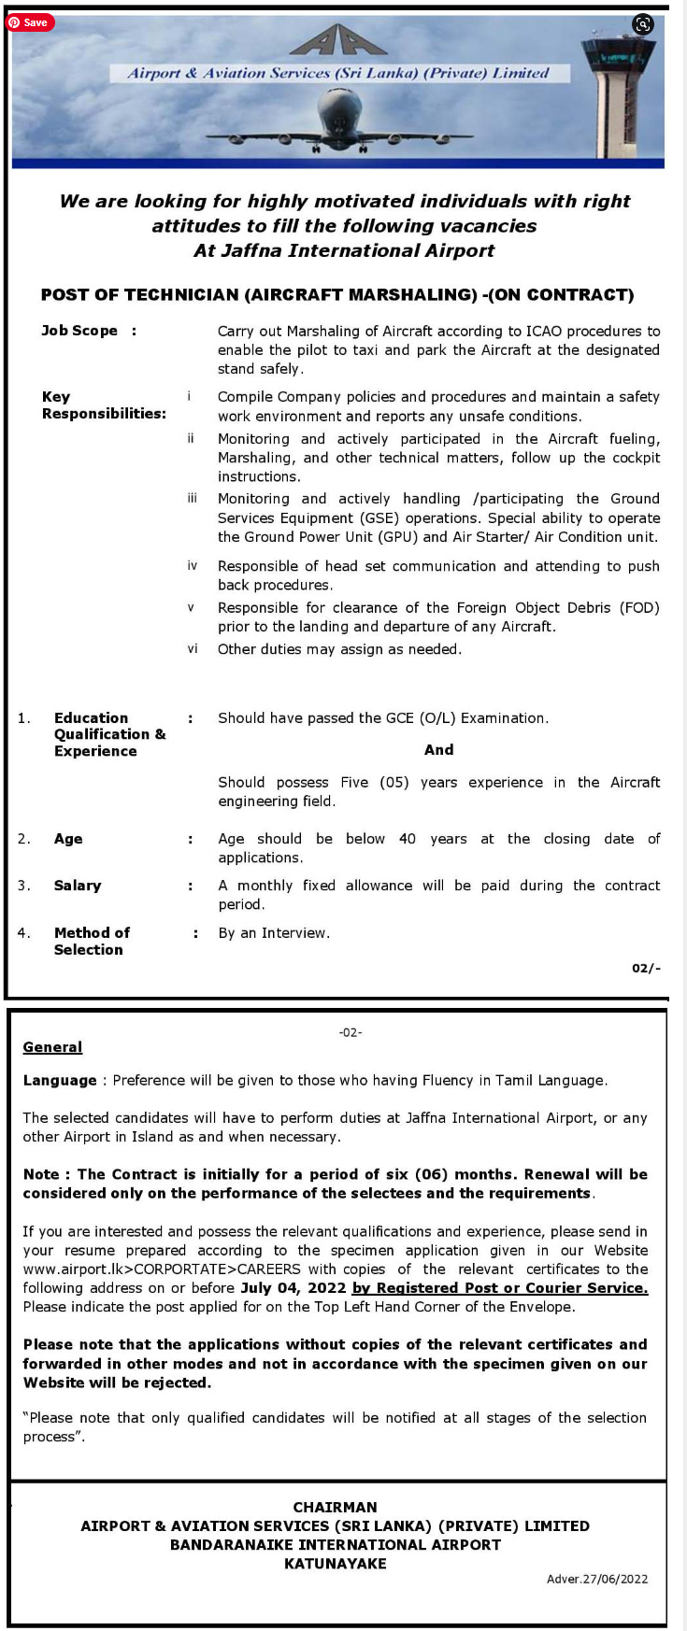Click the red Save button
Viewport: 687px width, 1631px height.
pos(30,22)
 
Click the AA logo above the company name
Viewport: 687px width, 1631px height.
pos(337,42)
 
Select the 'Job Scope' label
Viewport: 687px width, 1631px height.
pos(79,331)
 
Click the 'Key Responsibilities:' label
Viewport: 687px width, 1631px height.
pos(104,405)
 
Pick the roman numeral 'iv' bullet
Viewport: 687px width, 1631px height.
pos(193,566)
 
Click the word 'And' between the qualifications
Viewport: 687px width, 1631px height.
pos(438,750)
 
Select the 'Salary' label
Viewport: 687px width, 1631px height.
pos(78,886)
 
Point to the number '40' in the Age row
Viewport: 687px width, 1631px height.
pos(408,839)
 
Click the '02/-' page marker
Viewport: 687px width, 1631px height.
pos(646,968)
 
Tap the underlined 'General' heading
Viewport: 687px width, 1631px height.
pos(52,1047)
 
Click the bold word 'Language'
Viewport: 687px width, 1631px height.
pos(60,1081)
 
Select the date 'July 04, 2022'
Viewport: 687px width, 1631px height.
pos(293,1288)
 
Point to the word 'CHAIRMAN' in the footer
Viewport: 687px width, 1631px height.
pos(335,1507)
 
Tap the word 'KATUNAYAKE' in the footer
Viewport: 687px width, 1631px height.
pos(335,1563)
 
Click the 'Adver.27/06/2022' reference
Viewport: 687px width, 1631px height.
pos(597,1579)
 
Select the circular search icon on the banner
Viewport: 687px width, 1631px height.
pos(643,25)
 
